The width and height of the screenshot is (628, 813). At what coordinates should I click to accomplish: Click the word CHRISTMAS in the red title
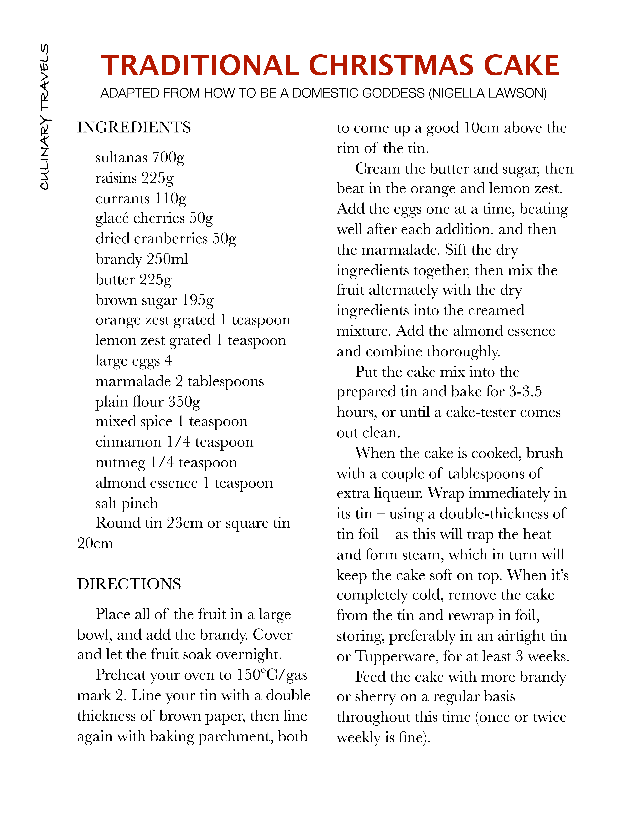[391, 65]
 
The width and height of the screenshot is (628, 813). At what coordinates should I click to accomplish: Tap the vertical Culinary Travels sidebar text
[45, 116]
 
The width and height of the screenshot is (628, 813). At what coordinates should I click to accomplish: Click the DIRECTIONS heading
[129, 584]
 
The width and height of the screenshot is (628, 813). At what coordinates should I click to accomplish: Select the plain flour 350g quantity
[184, 402]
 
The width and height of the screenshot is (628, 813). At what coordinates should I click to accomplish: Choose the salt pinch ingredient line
[127, 503]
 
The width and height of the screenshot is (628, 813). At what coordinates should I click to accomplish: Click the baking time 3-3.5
[525, 392]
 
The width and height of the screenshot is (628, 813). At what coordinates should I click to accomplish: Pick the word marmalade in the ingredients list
[133, 381]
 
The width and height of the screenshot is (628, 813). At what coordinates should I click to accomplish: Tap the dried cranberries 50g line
[166, 239]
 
